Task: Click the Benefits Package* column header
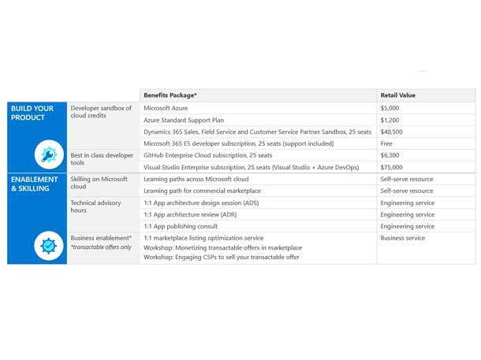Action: click(170, 95)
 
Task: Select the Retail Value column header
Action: click(397, 95)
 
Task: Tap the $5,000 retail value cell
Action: click(390, 108)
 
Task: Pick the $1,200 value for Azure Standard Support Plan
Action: click(390, 120)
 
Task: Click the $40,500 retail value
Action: click(392, 132)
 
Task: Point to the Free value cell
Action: click(387, 143)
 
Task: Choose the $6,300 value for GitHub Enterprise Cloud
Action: click(390, 155)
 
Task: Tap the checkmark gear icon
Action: click(50, 247)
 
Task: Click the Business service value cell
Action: click(402, 238)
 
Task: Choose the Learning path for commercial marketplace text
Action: click(202, 191)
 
